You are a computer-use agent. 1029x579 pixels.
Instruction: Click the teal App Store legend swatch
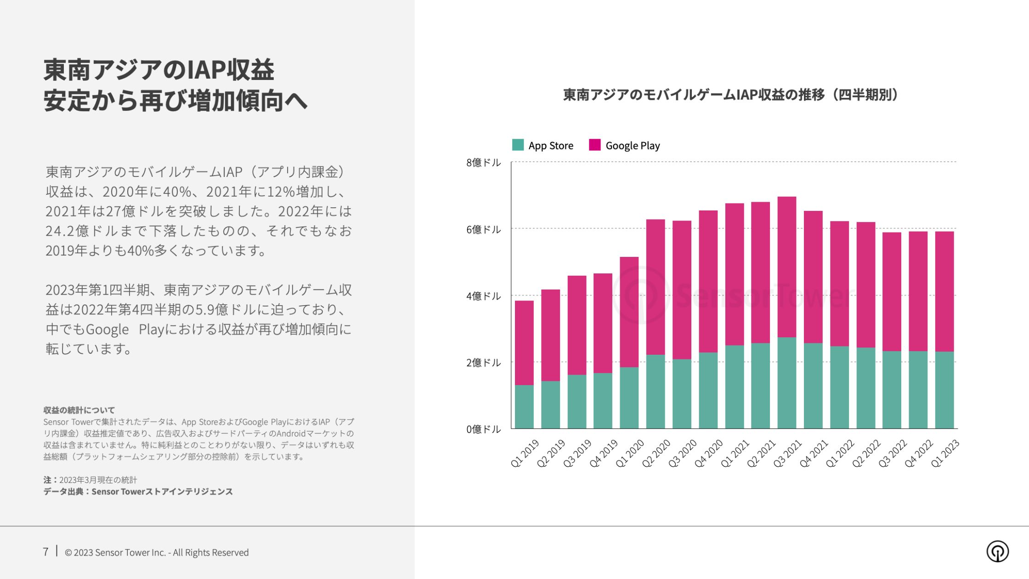pyautogui.click(x=518, y=145)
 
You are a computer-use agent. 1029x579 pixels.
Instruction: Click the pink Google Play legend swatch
pyautogui.click(x=595, y=145)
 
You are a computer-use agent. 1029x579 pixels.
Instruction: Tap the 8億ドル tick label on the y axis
pyautogui.click(x=483, y=163)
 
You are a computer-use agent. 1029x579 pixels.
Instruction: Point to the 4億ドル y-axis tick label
pyautogui.click(x=483, y=296)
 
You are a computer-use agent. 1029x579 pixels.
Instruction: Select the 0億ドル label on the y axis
pyautogui.click(x=483, y=429)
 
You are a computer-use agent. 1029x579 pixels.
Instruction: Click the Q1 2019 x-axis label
pyautogui.click(x=525, y=453)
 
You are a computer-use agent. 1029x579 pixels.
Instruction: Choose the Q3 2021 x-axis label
pyautogui.click(x=787, y=453)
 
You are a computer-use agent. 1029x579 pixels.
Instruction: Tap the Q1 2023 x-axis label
pyautogui.click(x=945, y=453)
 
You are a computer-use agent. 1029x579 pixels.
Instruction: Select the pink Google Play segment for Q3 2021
pyautogui.click(x=787, y=267)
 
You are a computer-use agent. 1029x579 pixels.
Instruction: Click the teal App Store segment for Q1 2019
pyautogui.click(x=524, y=407)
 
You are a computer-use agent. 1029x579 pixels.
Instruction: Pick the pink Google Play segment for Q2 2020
pyautogui.click(x=656, y=287)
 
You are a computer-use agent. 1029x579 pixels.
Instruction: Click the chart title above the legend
pyautogui.click(x=730, y=95)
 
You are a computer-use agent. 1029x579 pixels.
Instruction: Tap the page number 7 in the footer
pyautogui.click(x=45, y=552)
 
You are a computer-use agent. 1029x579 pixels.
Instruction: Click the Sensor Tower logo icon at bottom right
pyautogui.click(x=997, y=551)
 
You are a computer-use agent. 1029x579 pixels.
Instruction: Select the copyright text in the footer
pyautogui.click(x=157, y=552)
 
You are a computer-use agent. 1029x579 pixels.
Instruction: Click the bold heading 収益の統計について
pyautogui.click(x=79, y=410)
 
